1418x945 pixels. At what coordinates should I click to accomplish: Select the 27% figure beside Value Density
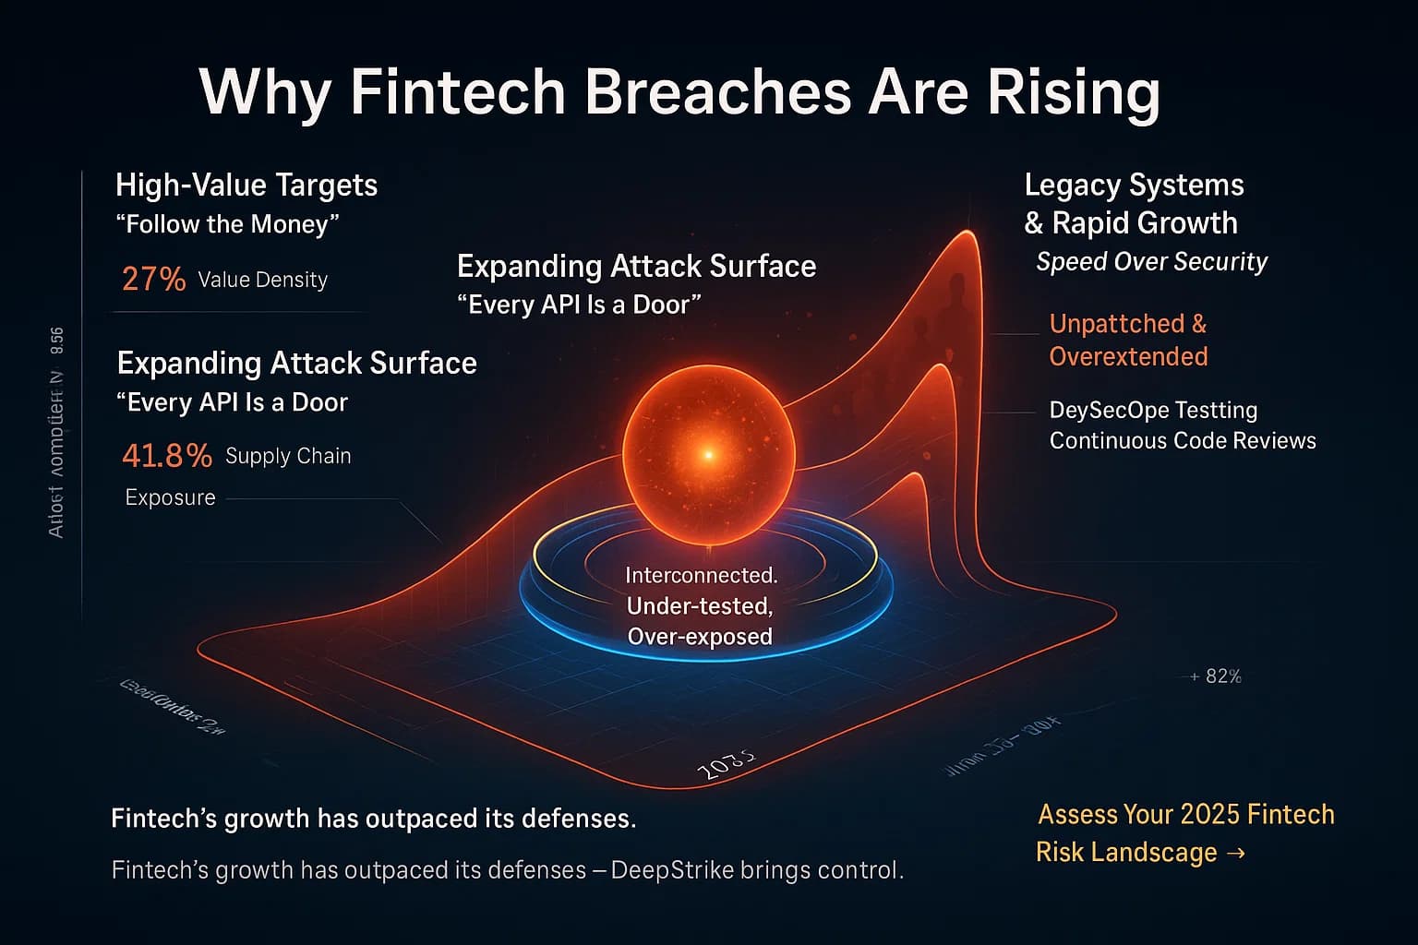click(153, 279)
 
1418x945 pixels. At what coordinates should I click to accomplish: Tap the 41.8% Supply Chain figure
click(167, 456)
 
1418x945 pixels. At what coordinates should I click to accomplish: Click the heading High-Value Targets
click(246, 185)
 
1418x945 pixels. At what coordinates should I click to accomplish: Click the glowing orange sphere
click(708, 453)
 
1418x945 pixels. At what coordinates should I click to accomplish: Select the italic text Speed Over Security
click(1151, 262)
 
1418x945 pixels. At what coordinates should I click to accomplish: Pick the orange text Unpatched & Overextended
click(1128, 340)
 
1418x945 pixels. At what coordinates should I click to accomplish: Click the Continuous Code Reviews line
click(1183, 440)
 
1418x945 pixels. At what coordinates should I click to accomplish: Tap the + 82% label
click(1216, 676)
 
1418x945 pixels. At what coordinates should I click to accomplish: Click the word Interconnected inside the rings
click(701, 575)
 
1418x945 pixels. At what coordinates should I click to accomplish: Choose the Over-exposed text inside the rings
click(700, 637)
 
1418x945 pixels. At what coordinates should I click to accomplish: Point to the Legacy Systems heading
click(1134, 185)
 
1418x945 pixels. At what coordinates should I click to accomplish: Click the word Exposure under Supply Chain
click(170, 497)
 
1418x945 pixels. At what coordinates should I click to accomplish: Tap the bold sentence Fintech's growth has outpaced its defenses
click(373, 819)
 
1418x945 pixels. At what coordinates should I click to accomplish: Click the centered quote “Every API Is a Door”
click(579, 305)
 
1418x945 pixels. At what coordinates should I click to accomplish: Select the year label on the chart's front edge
click(725, 765)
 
